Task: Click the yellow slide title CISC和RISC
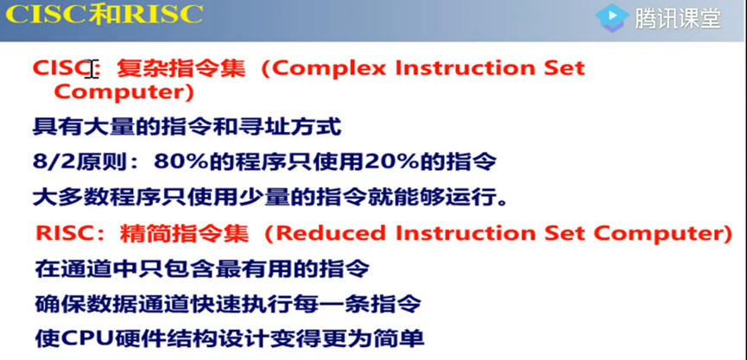pyautogui.click(x=104, y=15)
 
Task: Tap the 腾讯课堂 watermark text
pyautogui.click(x=679, y=19)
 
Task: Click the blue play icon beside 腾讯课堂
pyautogui.click(x=612, y=18)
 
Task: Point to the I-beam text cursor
pyautogui.click(x=93, y=69)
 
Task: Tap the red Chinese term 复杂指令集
pyautogui.click(x=181, y=69)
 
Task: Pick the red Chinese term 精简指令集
pyautogui.click(x=184, y=233)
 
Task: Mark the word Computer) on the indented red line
pyautogui.click(x=123, y=92)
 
